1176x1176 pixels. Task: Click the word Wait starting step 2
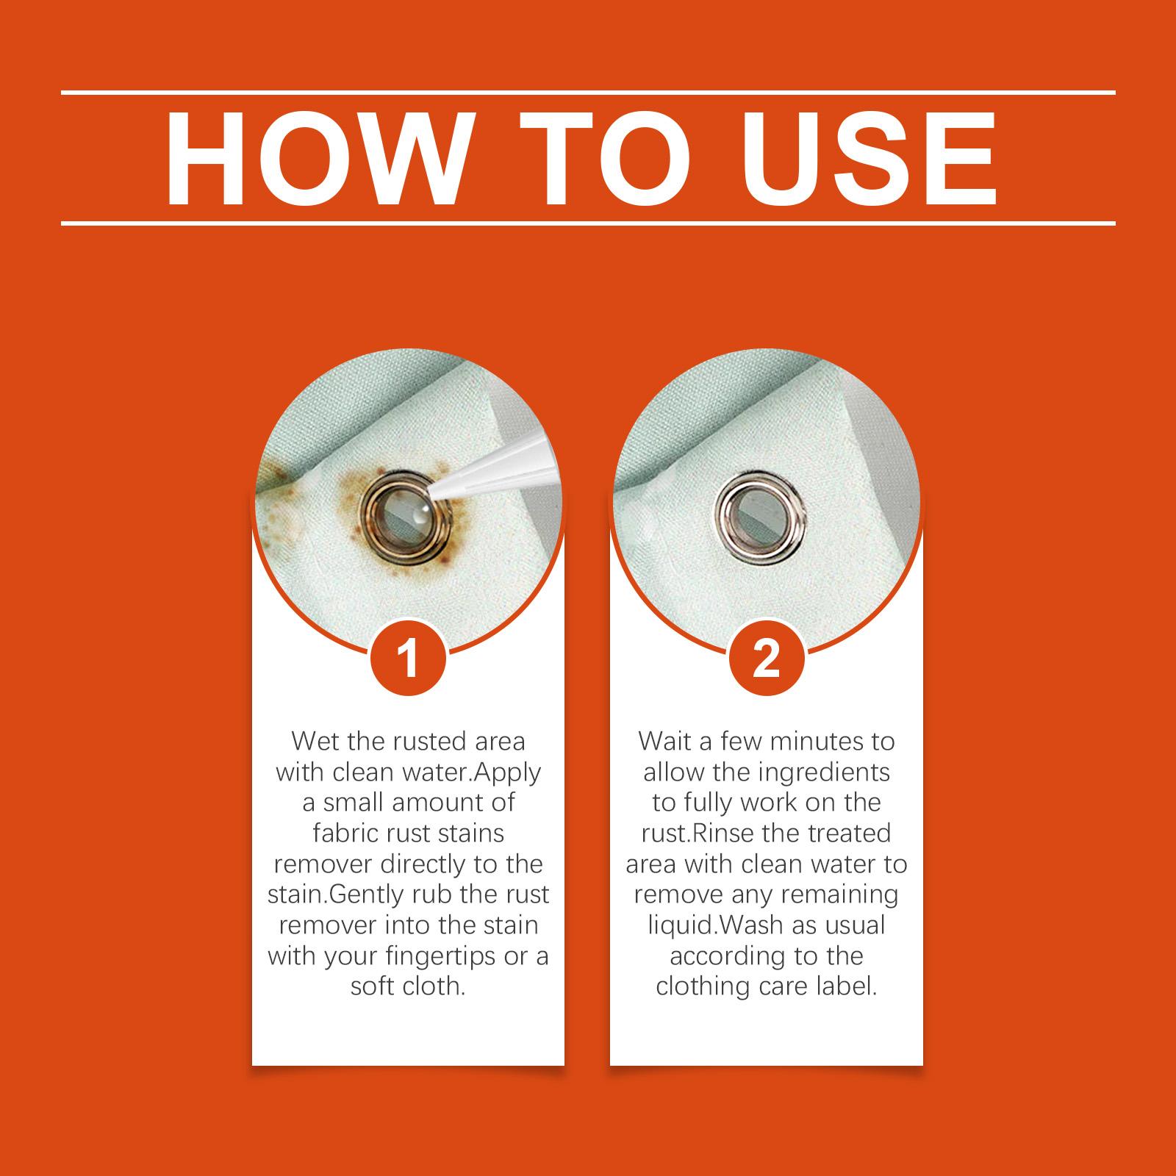(x=665, y=742)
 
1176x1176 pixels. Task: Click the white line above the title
(x=588, y=93)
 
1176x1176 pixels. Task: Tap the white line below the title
(x=588, y=223)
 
